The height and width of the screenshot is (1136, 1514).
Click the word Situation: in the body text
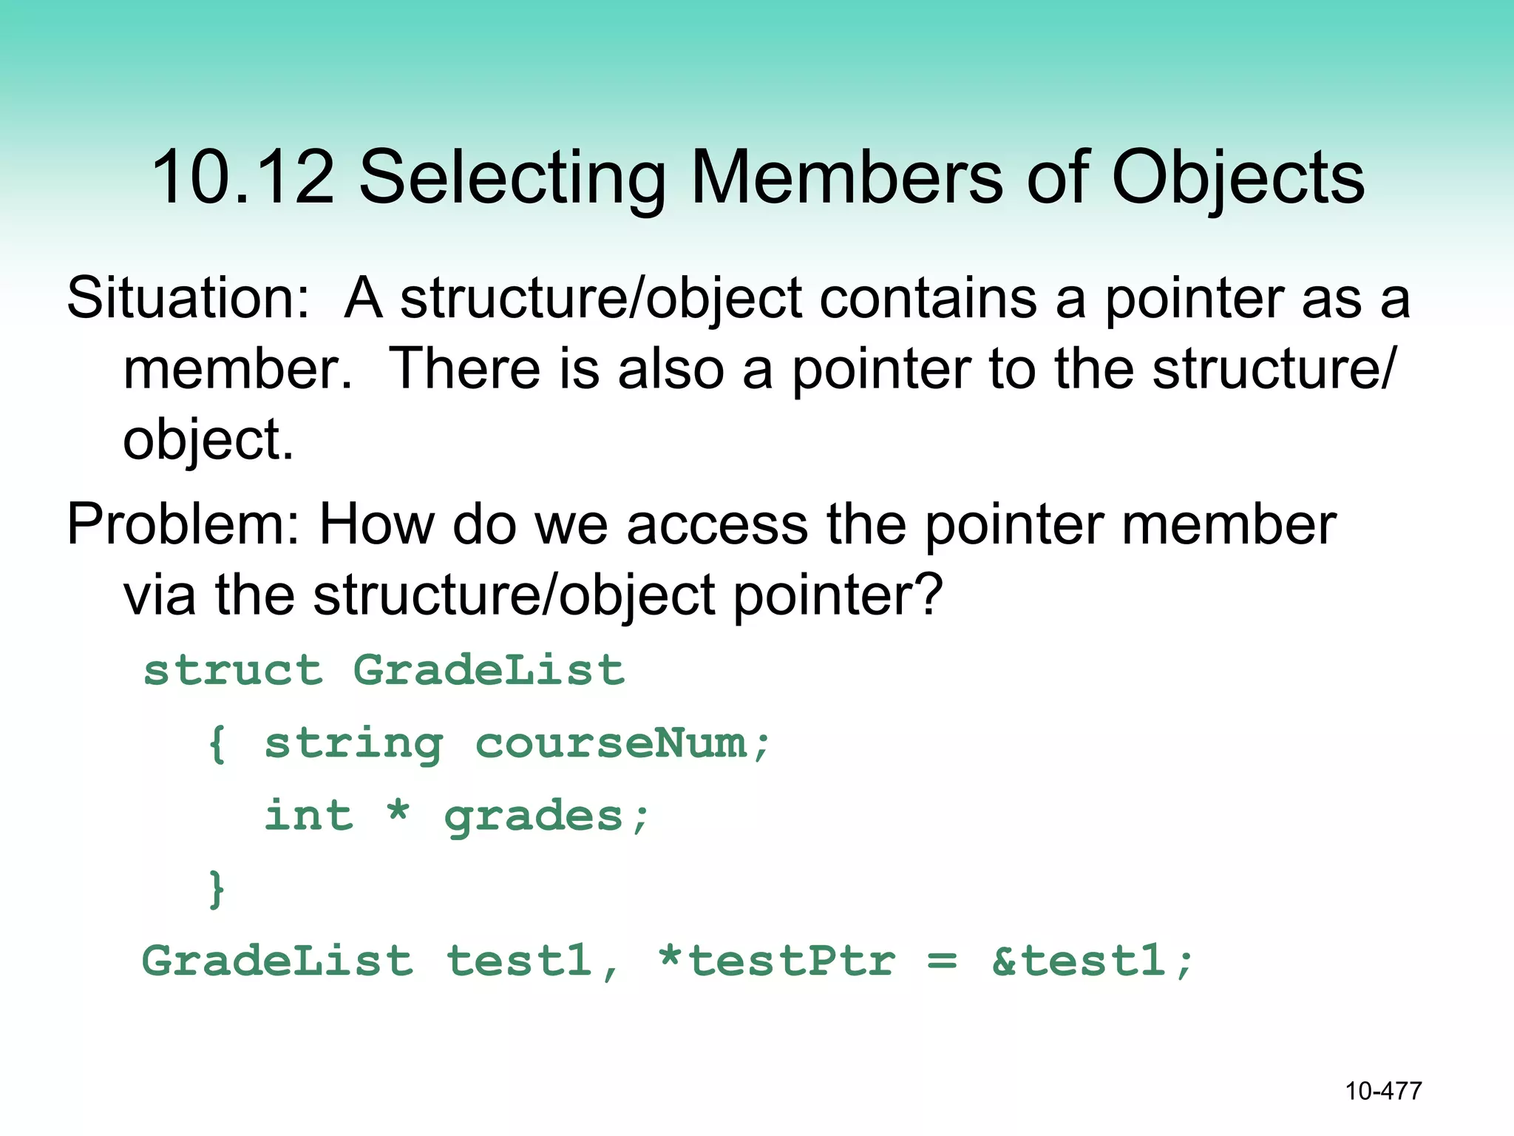[188, 299]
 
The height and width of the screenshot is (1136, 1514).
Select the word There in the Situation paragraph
[464, 369]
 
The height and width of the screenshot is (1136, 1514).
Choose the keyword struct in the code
[234, 671]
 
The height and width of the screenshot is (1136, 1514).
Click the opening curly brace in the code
[217, 744]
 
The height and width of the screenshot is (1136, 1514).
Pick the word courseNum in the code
[611, 744]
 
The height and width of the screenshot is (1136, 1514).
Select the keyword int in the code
[309, 816]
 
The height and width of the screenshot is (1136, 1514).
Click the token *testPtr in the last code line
[776, 961]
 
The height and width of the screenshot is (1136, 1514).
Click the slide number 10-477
[1383, 1091]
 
